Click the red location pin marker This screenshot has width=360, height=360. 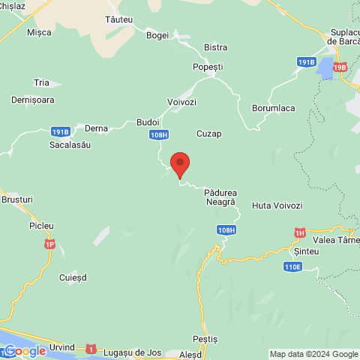click(x=179, y=163)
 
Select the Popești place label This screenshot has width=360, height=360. click(x=208, y=67)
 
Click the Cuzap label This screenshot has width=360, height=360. click(x=208, y=133)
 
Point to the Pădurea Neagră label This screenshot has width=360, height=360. click(x=220, y=198)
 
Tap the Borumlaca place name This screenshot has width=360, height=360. click(x=273, y=108)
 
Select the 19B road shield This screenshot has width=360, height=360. click(x=340, y=67)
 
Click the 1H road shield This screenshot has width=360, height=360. click(x=300, y=232)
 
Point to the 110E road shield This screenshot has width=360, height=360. click(x=293, y=266)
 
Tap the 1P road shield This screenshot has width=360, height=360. click(x=49, y=244)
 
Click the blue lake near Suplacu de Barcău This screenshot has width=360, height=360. click(x=325, y=69)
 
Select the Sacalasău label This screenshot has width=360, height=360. click(x=70, y=144)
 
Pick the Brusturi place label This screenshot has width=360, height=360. click(x=18, y=200)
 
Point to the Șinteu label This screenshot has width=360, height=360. click(x=307, y=251)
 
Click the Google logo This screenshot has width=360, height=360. click(x=25, y=351)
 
